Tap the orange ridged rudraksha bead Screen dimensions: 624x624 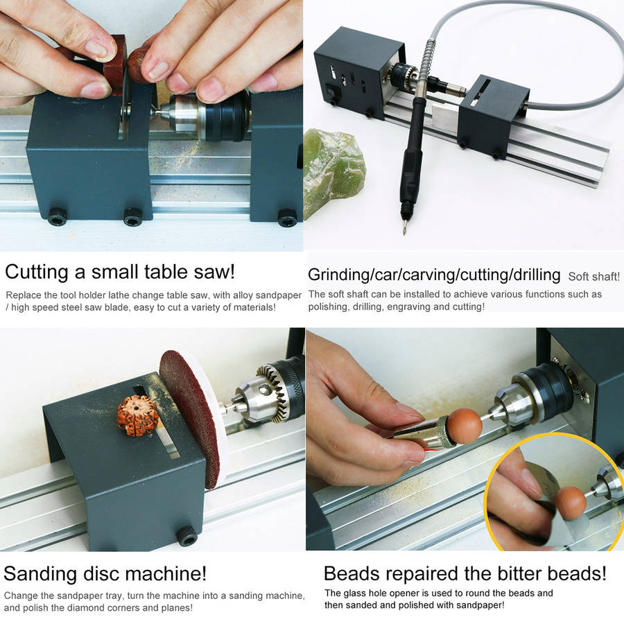pos(138,415)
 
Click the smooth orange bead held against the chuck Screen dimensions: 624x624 pos(465,426)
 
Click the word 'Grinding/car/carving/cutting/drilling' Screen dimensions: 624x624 pos(434,275)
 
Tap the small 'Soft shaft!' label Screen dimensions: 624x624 pos(593,277)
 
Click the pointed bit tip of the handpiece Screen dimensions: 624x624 pos(404,233)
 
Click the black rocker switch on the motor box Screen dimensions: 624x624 pos(331,90)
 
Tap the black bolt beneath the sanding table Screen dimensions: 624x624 pos(187,536)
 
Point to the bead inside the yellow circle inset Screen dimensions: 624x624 pos(569,503)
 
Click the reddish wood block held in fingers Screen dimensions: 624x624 pos(114,67)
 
